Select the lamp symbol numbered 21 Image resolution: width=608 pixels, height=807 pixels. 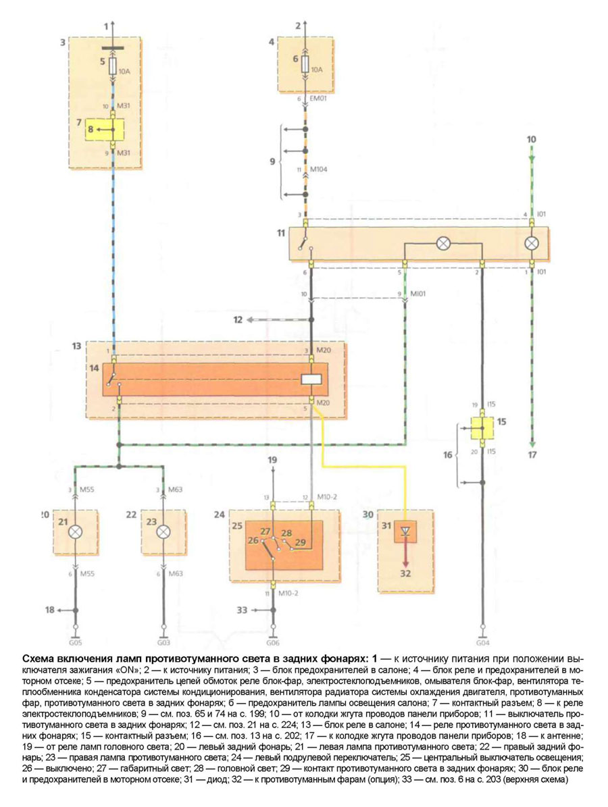[76, 531]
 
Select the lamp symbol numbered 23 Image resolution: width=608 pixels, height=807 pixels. [162, 531]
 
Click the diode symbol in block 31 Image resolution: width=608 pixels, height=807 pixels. [405, 531]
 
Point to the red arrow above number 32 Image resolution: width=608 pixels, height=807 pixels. [405, 552]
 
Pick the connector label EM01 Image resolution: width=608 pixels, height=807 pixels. [318, 99]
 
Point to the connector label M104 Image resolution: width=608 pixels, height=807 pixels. [319, 170]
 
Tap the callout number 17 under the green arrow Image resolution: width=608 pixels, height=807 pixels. [532, 454]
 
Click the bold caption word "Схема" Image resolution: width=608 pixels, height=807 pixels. [39, 657]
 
